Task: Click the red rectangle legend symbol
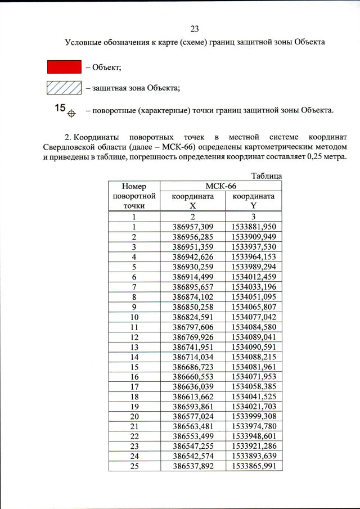(x=64, y=67)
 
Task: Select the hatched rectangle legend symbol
(x=64, y=88)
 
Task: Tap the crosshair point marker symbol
(x=71, y=113)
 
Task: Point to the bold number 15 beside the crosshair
(x=60, y=107)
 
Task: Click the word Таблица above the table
(x=266, y=176)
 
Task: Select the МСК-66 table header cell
(x=220, y=186)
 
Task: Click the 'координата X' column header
(x=192, y=201)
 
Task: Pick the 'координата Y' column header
(x=253, y=201)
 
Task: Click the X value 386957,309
(x=192, y=227)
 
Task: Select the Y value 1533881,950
(x=254, y=227)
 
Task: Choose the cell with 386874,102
(x=192, y=297)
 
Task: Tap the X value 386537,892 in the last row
(x=192, y=466)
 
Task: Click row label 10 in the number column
(x=134, y=317)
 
